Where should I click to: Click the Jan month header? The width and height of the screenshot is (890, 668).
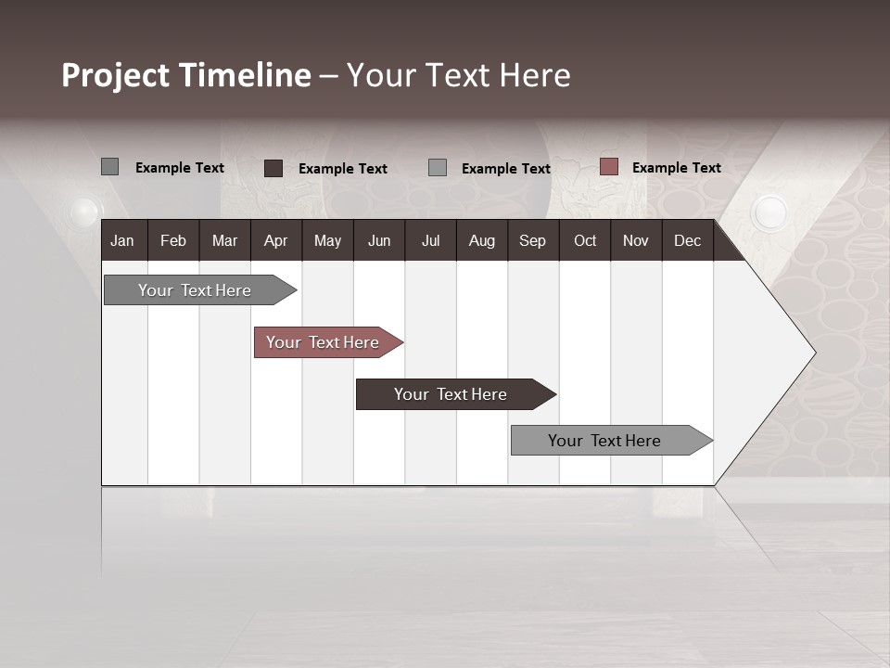click(x=122, y=241)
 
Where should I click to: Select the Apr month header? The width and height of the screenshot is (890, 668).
click(x=275, y=241)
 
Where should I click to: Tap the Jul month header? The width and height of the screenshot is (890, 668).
click(x=430, y=241)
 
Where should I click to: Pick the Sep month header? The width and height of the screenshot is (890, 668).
click(x=532, y=241)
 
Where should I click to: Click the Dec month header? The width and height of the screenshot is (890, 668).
click(x=687, y=241)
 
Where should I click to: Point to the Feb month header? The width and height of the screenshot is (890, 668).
click(x=173, y=241)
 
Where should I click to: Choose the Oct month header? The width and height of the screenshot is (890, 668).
click(x=585, y=241)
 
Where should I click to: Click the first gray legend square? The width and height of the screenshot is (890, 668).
click(x=109, y=167)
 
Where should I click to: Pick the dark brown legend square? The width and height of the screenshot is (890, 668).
click(x=273, y=168)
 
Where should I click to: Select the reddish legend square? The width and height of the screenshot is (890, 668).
click(x=608, y=167)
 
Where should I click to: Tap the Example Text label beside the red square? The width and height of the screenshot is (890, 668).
click(x=676, y=168)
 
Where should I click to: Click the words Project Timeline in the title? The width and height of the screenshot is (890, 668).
click(x=185, y=75)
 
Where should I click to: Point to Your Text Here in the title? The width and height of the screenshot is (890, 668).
click(x=458, y=75)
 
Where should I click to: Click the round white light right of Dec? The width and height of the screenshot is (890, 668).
click(x=769, y=212)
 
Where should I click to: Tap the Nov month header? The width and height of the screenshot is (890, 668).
click(x=636, y=241)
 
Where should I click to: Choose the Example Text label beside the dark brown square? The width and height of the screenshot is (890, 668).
click(x=342, y=169)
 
